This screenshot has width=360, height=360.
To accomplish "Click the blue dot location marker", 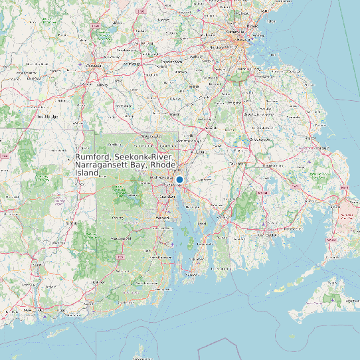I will (179, 179).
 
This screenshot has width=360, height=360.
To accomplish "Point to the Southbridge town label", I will (47, 116).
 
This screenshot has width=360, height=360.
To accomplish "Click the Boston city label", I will (253, 27).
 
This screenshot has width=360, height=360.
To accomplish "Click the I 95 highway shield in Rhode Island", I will (120, 256).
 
